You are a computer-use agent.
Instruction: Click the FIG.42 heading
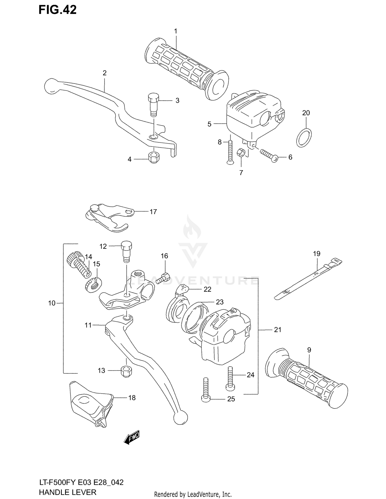pyautogui.click(x=57, y=10)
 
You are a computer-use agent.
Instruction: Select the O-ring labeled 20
pyautogui.click(x=304, y=138)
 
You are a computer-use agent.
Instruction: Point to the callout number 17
pyautogui.click(x=153, y=212)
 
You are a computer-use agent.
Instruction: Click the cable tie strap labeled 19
pyautogui.click(x=308, y=281)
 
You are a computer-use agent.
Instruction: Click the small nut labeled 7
pyautogui.click(x=241, y=153)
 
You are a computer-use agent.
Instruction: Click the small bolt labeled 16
pyautogui.click(x=164, y=278)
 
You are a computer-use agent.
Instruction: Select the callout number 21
pyautogui.click(x=277, y=330)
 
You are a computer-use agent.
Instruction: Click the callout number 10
pyautogui.click(x=51, y=303)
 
